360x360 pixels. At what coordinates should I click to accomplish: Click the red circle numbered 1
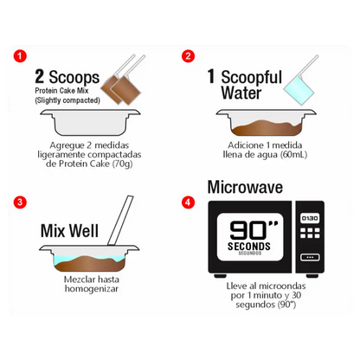coord(20,56)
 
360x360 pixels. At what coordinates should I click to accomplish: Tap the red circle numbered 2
coord(188,55)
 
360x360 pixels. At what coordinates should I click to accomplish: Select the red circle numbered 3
coord(20,202)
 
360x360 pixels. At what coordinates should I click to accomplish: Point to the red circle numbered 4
coord(188,202)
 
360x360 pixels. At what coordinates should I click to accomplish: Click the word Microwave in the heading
coord(245,187)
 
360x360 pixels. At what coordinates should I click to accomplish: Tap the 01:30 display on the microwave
coord(310,218)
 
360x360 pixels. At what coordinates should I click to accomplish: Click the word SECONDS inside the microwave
coord(249,247)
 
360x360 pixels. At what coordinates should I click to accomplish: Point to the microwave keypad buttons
coord(310,233)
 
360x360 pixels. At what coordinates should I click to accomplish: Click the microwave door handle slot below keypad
coord(310,257)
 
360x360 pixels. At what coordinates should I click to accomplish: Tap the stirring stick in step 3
coord(120,221)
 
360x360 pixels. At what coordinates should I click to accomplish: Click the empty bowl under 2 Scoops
coord(90,122)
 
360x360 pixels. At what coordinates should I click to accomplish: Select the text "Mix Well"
coord(69,231)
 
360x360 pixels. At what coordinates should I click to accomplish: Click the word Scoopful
coord(252,77)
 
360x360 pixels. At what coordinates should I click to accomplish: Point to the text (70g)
coord(122,164)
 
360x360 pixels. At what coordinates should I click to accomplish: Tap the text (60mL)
coord(293,155)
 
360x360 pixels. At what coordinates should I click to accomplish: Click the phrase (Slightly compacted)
coord(67,100)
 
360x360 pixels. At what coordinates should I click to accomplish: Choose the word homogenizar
coord(92,289)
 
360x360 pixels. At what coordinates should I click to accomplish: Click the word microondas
coord(281,286)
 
